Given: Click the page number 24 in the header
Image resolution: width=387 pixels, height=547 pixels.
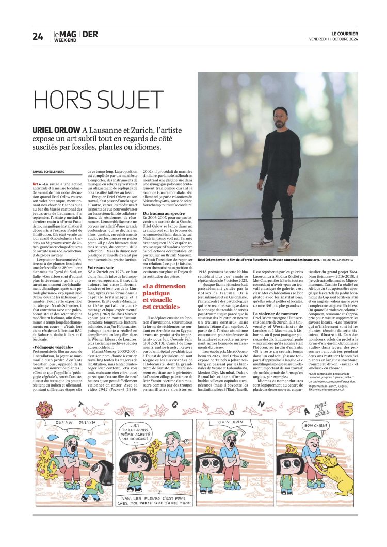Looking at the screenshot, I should [x=38, y=36].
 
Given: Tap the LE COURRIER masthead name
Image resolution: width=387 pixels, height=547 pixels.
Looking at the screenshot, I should [x=345, y=33].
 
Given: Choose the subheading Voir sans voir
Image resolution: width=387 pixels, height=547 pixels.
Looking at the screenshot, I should [x=102, y=268].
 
